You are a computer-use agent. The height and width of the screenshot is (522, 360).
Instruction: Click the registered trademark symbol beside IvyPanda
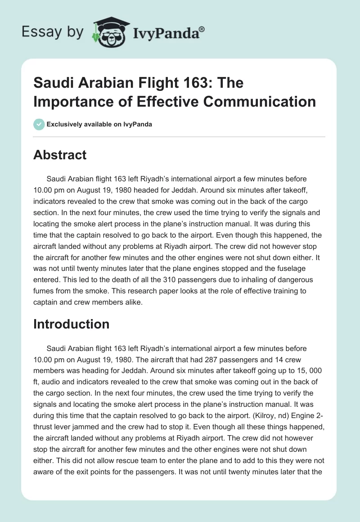[202, 29]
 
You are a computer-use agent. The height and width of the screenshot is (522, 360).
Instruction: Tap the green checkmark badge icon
[39, 124]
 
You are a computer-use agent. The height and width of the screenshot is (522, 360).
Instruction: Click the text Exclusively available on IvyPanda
[99, 125]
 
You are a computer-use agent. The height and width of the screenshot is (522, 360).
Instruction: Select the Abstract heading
[60, 155]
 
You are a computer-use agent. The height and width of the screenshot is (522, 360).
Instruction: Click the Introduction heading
[71, 324]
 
